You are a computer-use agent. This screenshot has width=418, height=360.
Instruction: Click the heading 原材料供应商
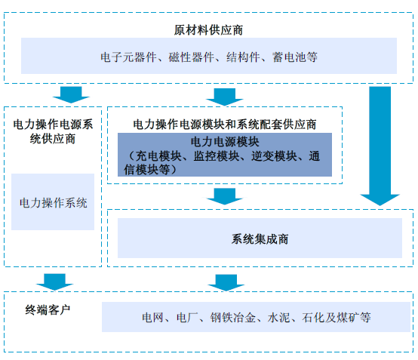click(x=208, y=30)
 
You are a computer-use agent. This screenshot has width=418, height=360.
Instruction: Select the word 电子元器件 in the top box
click(x=128, y=57)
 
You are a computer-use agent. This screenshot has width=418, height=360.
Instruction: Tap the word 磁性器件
click(x=191, y=57)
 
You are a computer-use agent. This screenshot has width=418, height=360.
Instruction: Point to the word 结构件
click(x=243, y=57)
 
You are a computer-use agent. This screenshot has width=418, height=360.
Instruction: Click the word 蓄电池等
click(x=295, y=57)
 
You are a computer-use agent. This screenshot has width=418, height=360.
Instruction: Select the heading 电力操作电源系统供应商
click(x=53, y=131)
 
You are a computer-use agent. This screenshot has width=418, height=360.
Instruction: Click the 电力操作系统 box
click(x=53, y=202)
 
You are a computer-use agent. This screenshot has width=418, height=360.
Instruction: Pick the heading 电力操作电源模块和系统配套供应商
click(x=224, y=125)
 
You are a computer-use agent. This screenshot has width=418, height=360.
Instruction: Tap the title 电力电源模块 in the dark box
click(x=225, y=142)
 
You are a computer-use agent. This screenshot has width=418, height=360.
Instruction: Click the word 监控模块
click(x=217, y=156)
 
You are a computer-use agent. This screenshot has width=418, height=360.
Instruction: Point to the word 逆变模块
click(x=274, y=156)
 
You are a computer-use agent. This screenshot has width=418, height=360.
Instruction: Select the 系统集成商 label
click(x=260, y=239)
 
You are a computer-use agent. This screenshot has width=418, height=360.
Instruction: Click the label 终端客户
click(x=48, y=310)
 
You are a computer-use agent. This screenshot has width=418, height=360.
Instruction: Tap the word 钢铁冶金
click(x=232, y=317)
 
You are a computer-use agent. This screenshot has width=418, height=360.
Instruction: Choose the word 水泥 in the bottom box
click(x=278, y=317)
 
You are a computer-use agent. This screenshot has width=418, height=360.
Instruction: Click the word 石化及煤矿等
click(x=337, y=317)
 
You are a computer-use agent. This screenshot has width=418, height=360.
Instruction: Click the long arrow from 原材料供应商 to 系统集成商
click(x=380, y=146)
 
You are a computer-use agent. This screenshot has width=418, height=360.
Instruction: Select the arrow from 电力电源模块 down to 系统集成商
click(x=225, y=196)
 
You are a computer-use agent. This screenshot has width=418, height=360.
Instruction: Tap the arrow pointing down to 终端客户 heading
click(x=54, y=282)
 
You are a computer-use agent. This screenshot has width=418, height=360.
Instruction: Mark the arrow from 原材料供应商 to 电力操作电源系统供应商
click(x=71, y=94)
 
